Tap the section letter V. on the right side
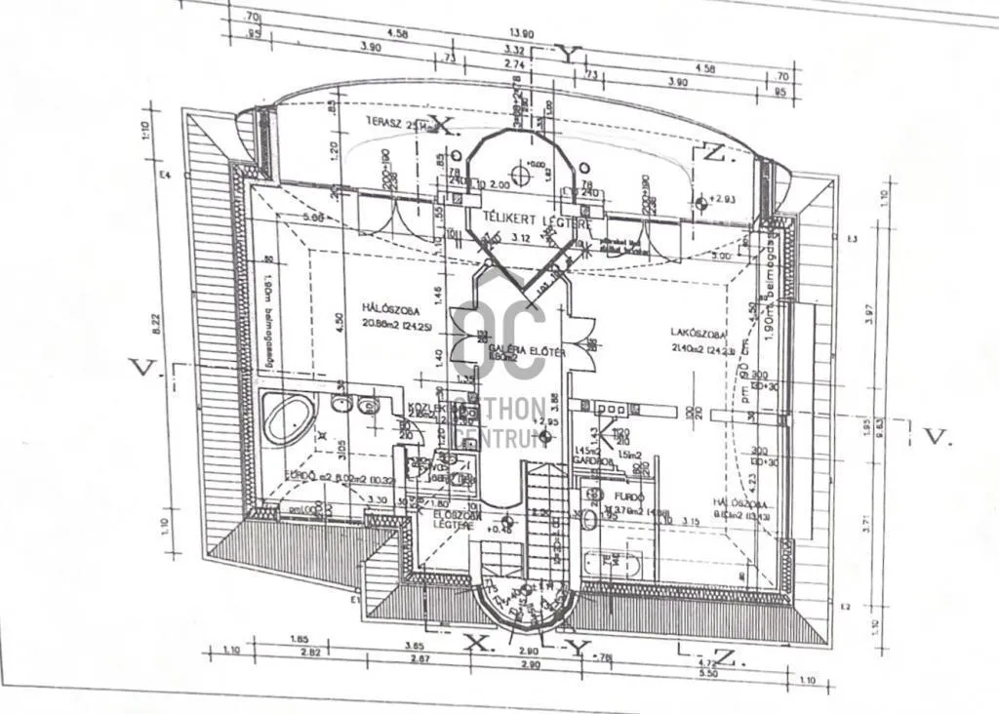[x=937, y=437]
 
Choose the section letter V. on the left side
[x=143, y=367]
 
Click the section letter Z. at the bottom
[x=730, y=658]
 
